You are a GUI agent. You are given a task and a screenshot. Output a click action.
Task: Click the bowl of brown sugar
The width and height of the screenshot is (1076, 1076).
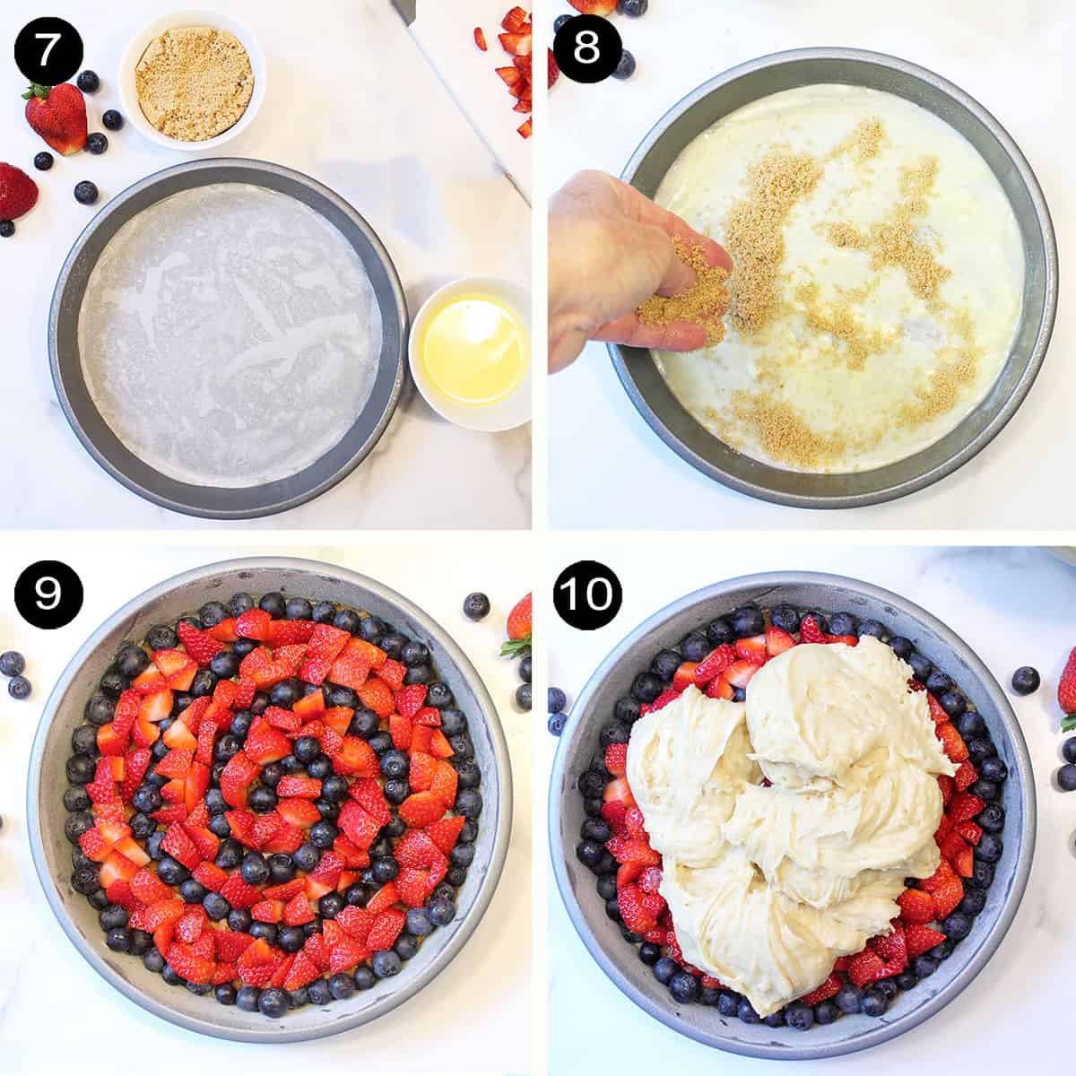(193, 70)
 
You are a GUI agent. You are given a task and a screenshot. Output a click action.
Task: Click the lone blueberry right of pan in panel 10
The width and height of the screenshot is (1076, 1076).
(1025, 680)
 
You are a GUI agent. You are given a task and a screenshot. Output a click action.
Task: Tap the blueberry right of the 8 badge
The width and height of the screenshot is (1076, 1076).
(624, 63)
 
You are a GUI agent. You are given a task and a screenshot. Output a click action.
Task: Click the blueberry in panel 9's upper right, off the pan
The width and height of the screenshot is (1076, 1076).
(476, 606)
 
